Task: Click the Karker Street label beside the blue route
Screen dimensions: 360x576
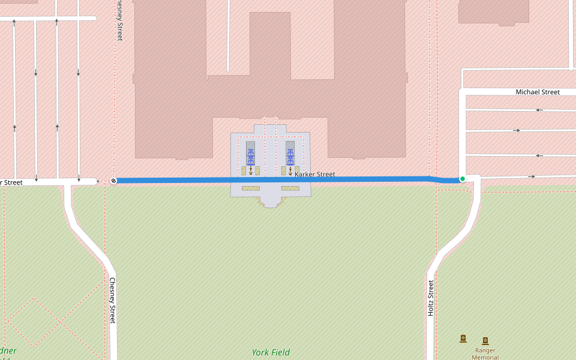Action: [315, 175]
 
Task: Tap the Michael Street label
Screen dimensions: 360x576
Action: [538, 92]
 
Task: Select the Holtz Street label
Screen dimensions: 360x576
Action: [431, 298]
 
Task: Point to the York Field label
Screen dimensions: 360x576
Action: [271, 353]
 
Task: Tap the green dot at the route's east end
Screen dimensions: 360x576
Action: [462, 179]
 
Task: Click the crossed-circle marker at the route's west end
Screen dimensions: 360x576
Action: [113, 181]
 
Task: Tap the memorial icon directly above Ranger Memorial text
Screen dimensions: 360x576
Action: [485, 341]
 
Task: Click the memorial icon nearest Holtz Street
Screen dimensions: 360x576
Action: [463, 338]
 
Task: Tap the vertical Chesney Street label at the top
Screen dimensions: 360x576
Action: [119, 20]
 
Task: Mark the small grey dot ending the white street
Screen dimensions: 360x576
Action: [98, 181]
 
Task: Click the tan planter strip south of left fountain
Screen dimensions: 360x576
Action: [251, 188]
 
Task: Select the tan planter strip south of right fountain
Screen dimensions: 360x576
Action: [290, 188]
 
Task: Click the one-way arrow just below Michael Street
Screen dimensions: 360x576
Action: [539, 110]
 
